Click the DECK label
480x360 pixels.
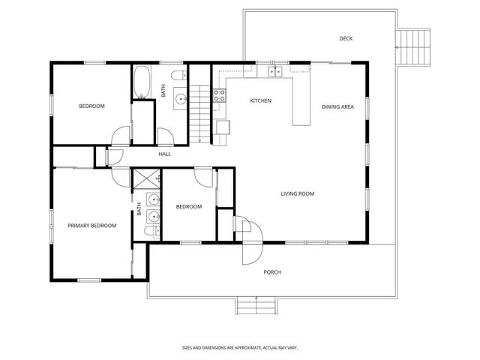pyautogui.click(x=346, y=39)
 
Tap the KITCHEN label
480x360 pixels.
pyautogui.click(x=260, y=100)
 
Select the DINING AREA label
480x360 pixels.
pyautogui.click(x=337, y=107)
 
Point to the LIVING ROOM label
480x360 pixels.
pyautogui.click(x=297, y=194)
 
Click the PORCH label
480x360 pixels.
pyautogui.click(x=272, y=272)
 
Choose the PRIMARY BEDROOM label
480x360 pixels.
pyautogui.click(x=91, y=226)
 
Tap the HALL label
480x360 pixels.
pyautogui.click(x=165, y=154)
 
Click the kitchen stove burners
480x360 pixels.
pyautogui.click(x=220, y=95)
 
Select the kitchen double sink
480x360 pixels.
pyautogui.click(x=274, y=72)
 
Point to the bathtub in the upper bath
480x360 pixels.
pyautogui.click(x=142, y=82)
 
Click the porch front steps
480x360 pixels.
pyautogui.click(x=256, y=305)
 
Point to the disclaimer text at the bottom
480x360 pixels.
pyautogui.click(x=239, y=347)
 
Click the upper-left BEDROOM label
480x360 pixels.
pyautogui.click(x=92, y=106)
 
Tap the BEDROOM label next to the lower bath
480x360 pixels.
pyautogui.click(x=189, y=207)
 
